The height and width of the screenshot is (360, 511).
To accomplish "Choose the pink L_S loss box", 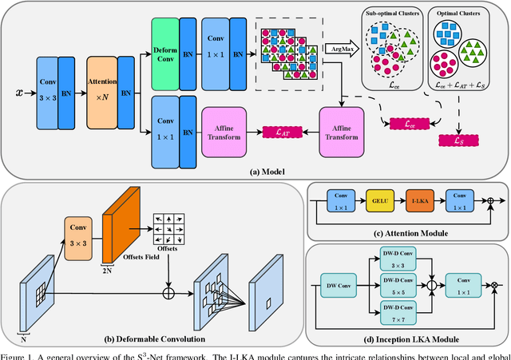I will tap(458, 141).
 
